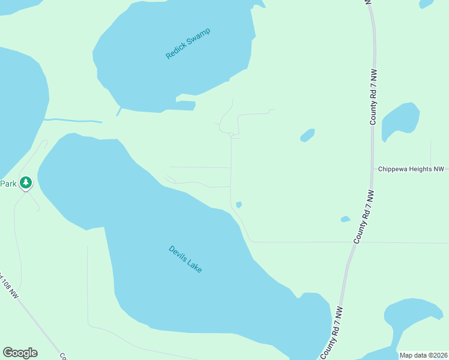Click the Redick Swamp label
pos(190,43)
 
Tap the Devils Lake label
pos(185,259)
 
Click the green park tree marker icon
pos(26,182)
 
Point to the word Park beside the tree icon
pos(8,184)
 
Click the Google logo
pos(20,353)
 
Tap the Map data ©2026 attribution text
pos(423,355)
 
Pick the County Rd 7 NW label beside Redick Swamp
pos(373,97)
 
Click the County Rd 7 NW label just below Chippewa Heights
pos(364,217)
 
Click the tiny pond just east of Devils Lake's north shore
pos(239,205)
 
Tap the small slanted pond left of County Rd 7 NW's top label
pos(307,135)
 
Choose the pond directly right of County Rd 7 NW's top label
pos(400,118)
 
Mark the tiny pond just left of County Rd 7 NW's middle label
pos(345,219)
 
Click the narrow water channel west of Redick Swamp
pos(72,120)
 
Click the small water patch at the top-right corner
pos(426,3)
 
